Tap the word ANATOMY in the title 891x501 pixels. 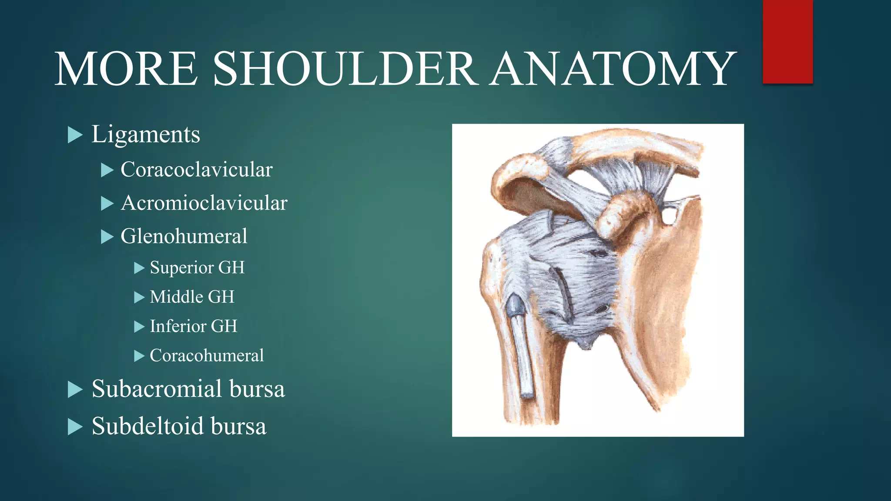coord(613,69)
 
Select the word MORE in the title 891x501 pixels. coord(126,69)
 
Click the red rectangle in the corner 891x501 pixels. coord(787,41)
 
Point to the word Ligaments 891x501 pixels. coord(146,134)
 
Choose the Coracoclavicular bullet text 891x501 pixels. coord(196,170)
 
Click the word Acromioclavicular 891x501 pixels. coord(204,203)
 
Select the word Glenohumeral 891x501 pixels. coord(184,237)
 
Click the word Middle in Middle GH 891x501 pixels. coord(176,297)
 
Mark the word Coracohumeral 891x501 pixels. coord(207,356)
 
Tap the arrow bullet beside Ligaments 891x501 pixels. coord(75,135)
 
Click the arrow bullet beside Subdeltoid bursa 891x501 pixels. coord(75,427)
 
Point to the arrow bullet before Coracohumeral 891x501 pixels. coord(139,357)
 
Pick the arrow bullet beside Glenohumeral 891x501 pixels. coord(107,237)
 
